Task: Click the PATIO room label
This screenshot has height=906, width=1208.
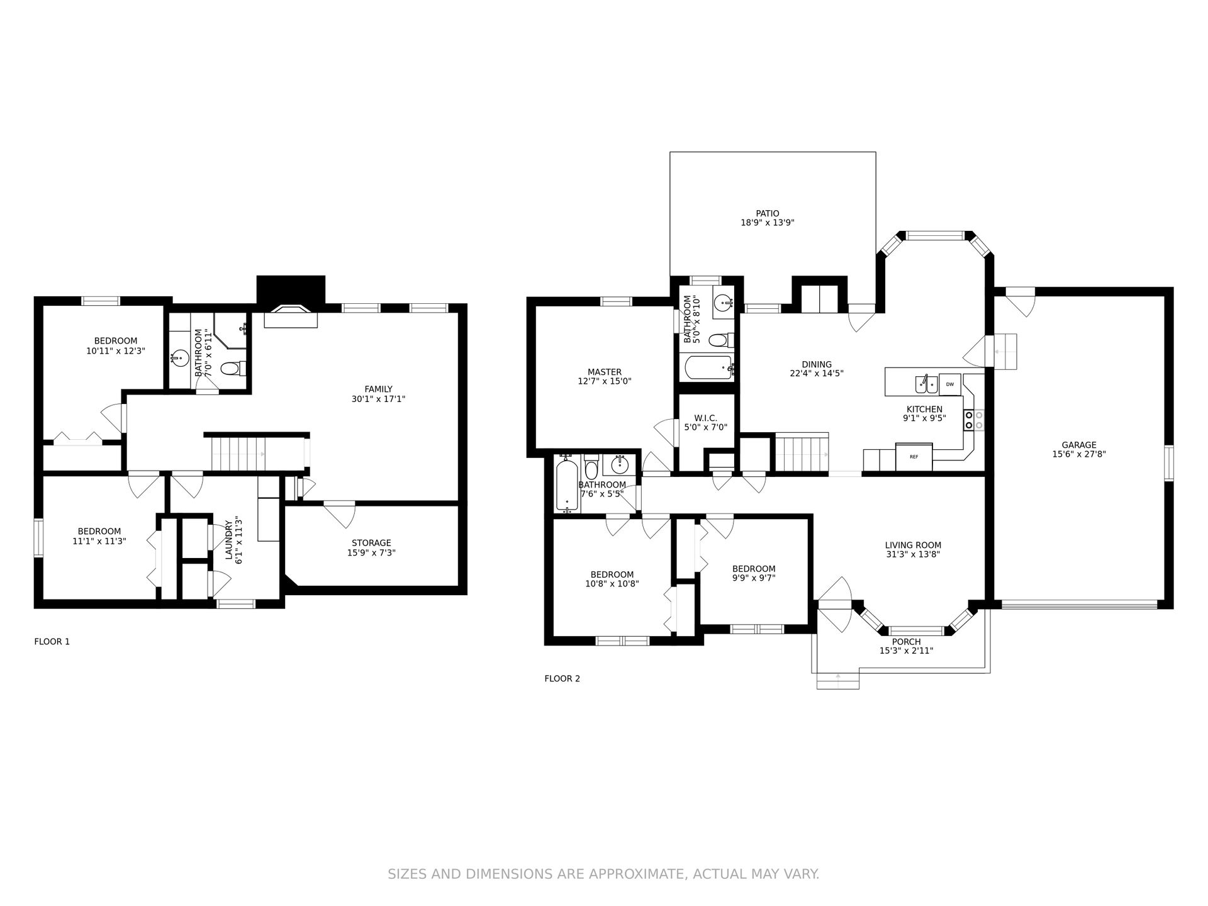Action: [768, 213]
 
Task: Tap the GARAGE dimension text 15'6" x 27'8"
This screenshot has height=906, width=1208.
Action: [1079, 454]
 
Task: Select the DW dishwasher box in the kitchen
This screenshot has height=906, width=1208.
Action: [950, 384]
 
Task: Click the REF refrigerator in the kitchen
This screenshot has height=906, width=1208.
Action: [914, 456]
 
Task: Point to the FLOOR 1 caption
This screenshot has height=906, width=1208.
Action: [52, 642]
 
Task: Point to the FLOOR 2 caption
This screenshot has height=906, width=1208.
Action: [562, 679]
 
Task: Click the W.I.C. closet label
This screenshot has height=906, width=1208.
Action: [705, 418]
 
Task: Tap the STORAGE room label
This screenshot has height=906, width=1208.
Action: [371, 543]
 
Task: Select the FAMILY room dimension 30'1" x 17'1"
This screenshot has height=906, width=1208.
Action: [378, 399]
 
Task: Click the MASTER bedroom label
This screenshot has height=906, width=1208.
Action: [605, 372]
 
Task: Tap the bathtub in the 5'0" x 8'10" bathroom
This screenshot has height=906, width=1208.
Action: [708, 367]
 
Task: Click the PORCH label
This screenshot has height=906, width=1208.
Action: [906, 642]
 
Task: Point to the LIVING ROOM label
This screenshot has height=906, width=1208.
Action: [913, 545]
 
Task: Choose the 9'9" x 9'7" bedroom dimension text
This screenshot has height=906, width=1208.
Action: [754, 578]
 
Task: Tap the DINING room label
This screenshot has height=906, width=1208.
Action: [817, 364]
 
